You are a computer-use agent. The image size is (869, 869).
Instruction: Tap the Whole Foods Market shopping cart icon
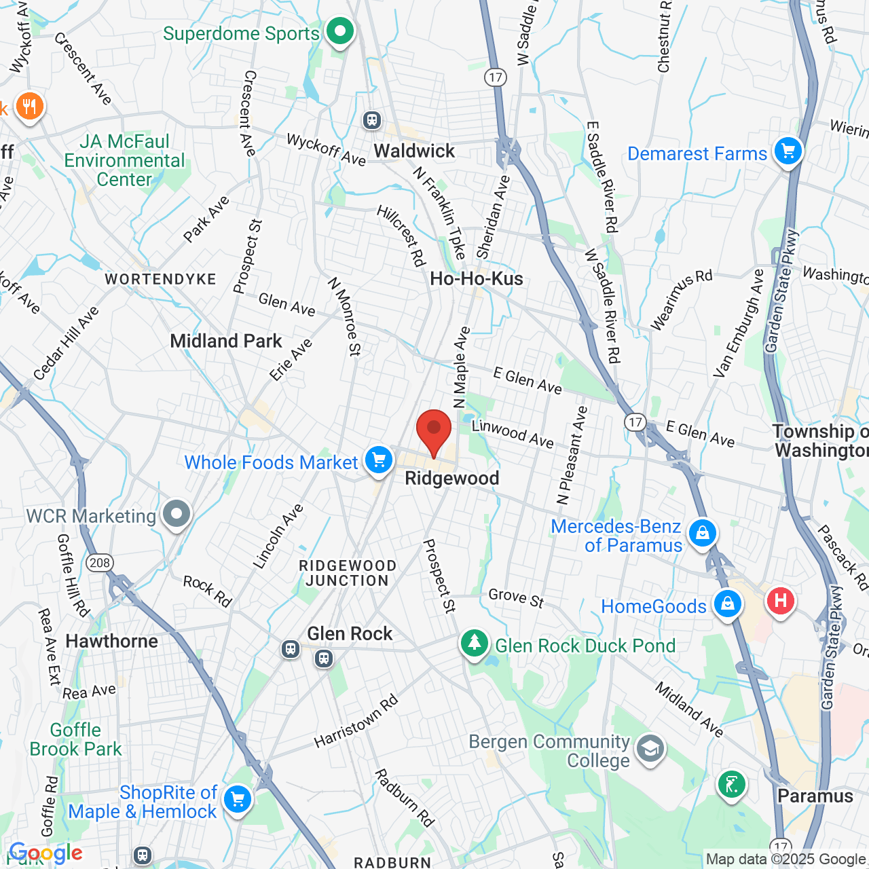tap(379, 461)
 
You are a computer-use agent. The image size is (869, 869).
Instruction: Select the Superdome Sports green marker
tap(339, 31)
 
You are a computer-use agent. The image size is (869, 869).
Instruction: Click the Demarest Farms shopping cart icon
tap(788, 151)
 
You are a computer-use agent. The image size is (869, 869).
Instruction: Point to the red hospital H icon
tap(780, 600)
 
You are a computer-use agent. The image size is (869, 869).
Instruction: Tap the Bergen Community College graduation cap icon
tap(650, 749)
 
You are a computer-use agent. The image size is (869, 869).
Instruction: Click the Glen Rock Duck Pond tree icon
tap(474, 642)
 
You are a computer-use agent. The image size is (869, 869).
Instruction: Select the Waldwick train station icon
tap(371, 120)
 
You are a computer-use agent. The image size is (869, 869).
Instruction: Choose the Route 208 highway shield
tap(100, 562)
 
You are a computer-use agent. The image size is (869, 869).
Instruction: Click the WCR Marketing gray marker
tap(177, 514)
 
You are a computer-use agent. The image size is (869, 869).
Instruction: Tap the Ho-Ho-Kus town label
tap(477, 278)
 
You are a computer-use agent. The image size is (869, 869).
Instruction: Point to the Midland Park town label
tap(225, 341)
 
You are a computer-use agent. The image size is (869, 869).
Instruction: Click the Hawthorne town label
tap(111, 641)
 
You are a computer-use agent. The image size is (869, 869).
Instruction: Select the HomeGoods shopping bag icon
tap(727, 603)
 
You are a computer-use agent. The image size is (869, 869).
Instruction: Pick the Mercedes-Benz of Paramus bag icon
tap(702, 532)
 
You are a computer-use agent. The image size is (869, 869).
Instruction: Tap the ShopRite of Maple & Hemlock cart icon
tap(237, 799)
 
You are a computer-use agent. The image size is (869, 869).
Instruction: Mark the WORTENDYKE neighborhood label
tap(160, 279)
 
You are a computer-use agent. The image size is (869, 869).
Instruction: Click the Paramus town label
tap(815, 796)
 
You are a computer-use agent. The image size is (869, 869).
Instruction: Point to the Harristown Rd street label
tap(356, 722)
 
